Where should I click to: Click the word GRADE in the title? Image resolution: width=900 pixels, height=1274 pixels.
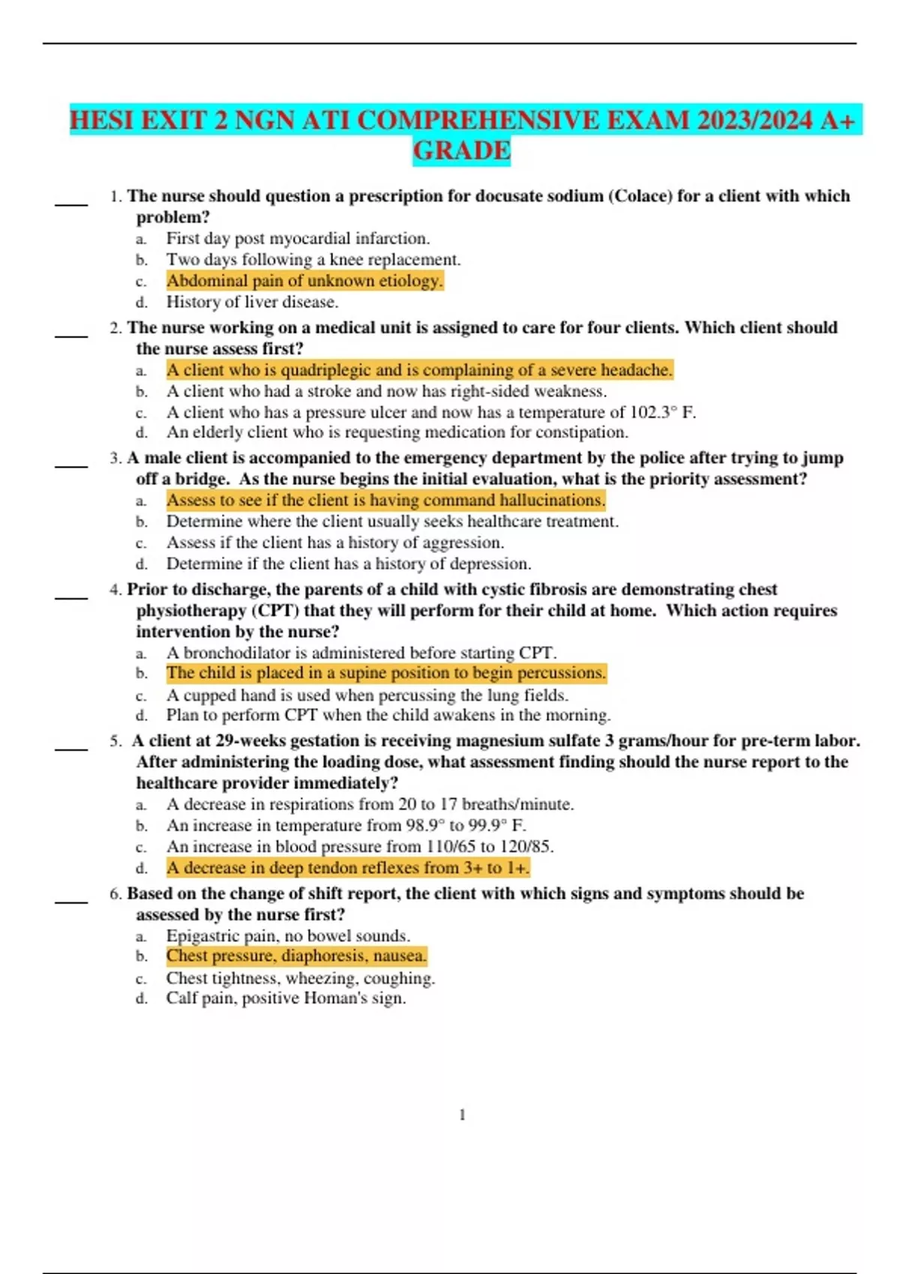pyautogui.click(x=461, y=151)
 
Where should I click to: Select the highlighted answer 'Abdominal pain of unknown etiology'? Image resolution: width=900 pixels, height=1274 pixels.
pyautogui.click(x=304, y=281)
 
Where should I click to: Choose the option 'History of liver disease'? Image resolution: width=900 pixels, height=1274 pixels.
pyautogui.click(x=252, y=302)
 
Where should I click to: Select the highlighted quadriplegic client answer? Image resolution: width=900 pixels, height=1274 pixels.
pyautogui.click(x=419, y=370)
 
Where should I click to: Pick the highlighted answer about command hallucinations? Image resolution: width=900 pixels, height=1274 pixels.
pyautogui.click(x=385, y=500)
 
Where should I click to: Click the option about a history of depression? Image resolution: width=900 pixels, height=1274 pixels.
pyautogui.click(x=348, y=564)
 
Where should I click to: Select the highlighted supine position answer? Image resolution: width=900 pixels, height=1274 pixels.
pyautogui.click(x=385, y=673)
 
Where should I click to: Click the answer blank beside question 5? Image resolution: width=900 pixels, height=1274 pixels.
pyautogui.click(x=71, y=747)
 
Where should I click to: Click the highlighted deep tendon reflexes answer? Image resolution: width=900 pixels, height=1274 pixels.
pyautogui.click(x=348, y=868)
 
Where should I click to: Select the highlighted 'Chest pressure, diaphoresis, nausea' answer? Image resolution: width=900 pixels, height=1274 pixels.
pyautogui.click(x=296, y=955)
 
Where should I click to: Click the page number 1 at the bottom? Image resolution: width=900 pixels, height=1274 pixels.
pyautogui.click(x=462, y=1115)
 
